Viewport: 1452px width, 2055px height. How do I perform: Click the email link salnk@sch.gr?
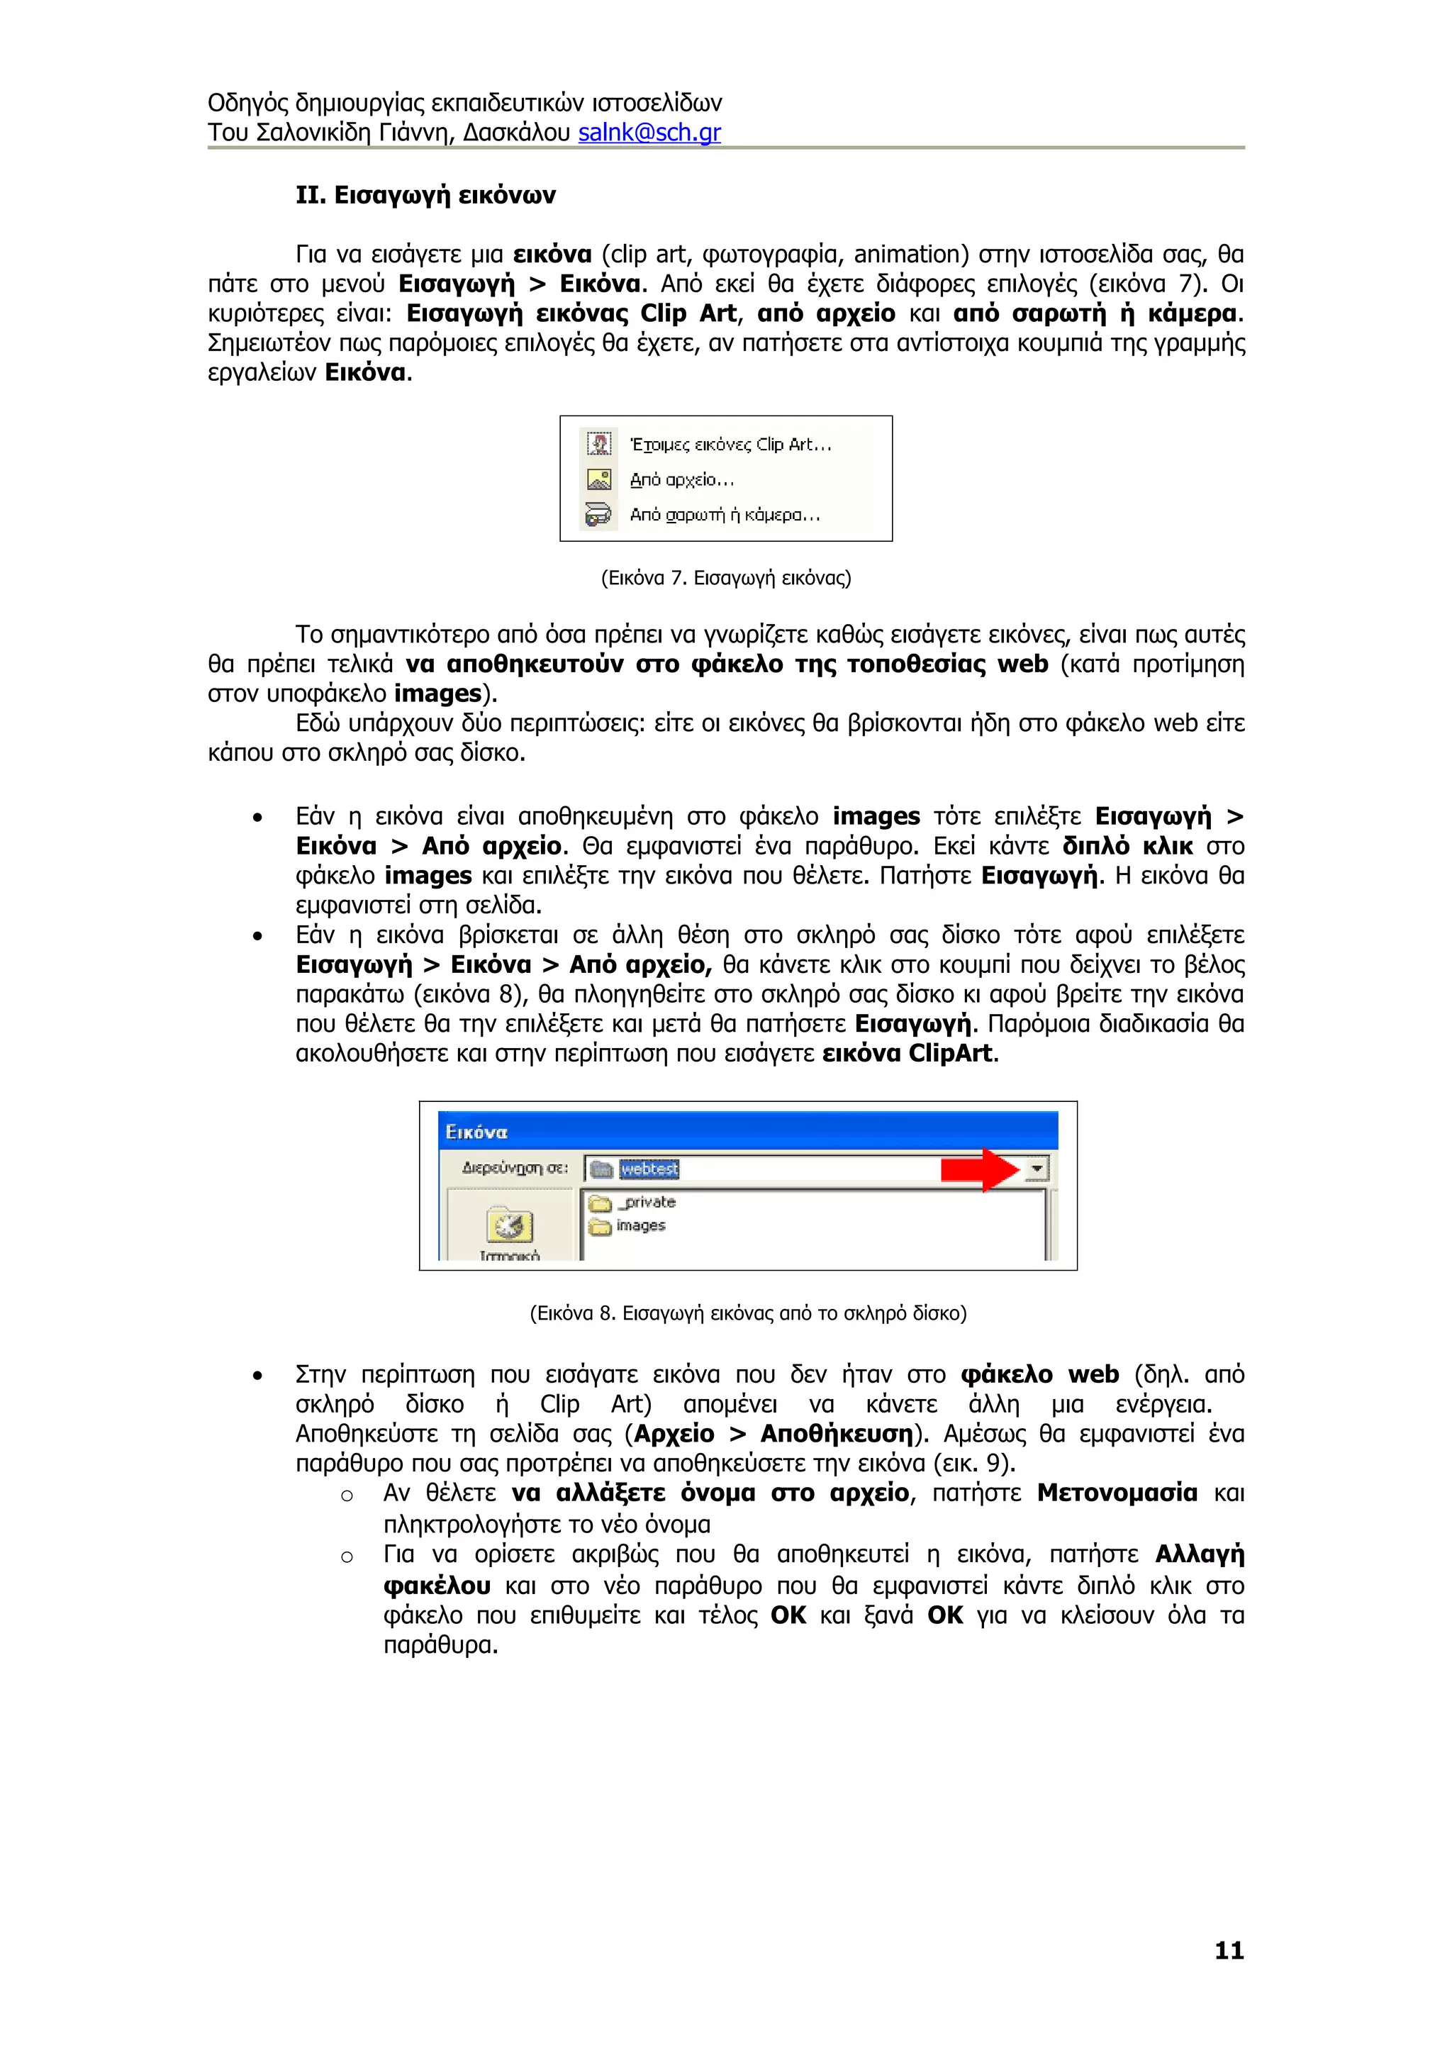(649, 133)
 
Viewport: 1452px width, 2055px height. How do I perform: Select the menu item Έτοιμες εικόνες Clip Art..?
(730, 445)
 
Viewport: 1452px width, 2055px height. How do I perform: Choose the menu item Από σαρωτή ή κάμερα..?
(724, 515)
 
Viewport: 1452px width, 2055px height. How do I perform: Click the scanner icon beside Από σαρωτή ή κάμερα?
(598, 515)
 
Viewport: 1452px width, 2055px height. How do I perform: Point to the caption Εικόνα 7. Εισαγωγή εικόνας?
(725, 578)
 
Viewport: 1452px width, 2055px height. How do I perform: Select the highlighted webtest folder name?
(649, 1169)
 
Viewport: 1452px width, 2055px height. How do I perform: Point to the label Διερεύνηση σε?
(515, 1168)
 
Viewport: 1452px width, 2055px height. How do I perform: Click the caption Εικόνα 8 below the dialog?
(747, 1314)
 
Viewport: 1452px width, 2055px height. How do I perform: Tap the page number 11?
(1229, 1950)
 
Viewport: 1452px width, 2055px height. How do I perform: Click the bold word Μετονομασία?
(1117, 1493)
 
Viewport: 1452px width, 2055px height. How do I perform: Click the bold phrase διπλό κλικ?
(1127, 846)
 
